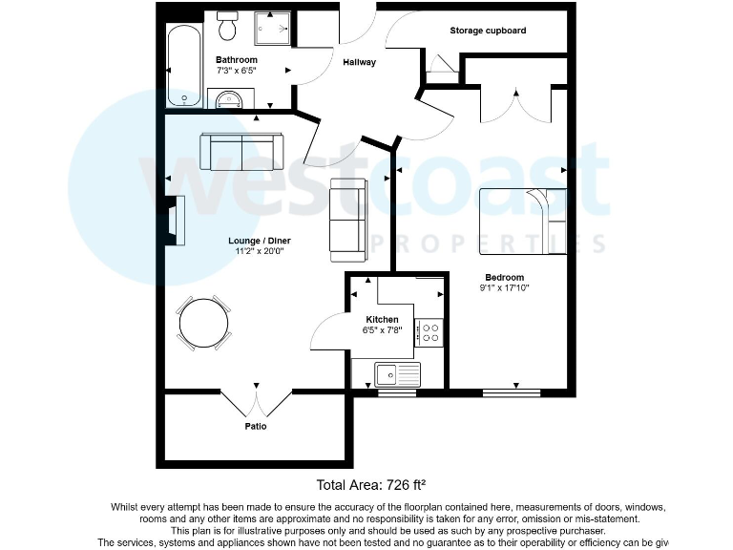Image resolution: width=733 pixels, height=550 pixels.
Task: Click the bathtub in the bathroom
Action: [x=182, y=67]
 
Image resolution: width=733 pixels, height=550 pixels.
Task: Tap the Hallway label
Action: [x=360, y=63]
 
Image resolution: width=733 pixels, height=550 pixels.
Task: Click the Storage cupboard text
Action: [x=488, y=31]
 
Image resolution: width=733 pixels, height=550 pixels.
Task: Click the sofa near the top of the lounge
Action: [x=241, y=151]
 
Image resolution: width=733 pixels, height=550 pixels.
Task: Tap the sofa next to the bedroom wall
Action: [x=346, y=220]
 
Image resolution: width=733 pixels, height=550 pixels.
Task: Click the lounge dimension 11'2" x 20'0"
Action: [x=260, y=251]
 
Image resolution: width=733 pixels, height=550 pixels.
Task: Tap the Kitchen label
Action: [x=382, y=320]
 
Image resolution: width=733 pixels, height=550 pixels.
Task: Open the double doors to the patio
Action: [x=255, y=399]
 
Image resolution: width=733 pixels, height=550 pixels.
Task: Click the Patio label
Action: [x=255, y=426]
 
